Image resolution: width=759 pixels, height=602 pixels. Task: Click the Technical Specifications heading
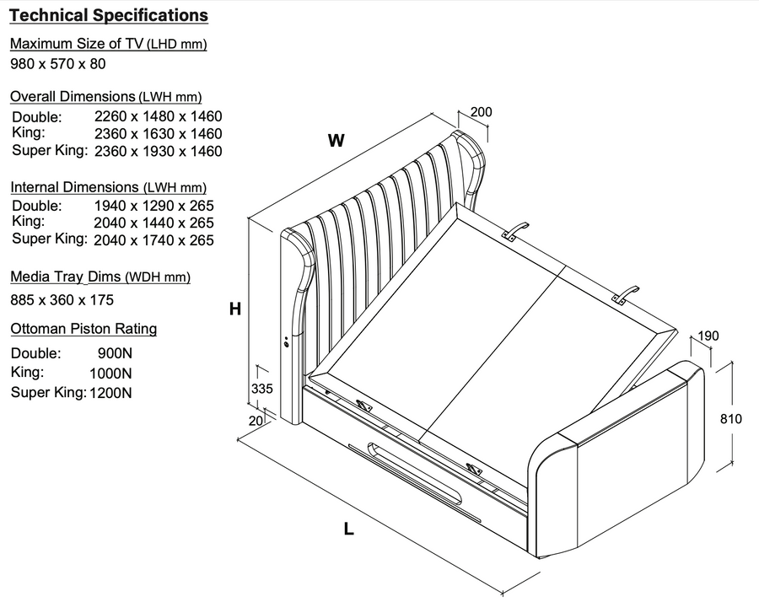click(109, 16)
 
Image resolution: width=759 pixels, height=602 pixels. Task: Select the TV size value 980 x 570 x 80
click(57, 63)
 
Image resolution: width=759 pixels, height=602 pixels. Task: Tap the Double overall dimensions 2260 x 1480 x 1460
click(158, 116)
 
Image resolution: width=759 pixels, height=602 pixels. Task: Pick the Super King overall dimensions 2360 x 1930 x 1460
click(158, 152)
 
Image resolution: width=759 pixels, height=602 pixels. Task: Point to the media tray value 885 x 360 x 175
click(62, 299)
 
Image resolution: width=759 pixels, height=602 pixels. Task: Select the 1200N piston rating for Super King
click(110, 392)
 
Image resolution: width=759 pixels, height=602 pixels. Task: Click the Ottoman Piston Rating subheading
click(83, 329)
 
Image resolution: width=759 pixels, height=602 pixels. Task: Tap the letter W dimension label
click(336, 141)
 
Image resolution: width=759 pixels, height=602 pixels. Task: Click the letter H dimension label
click(235, 309)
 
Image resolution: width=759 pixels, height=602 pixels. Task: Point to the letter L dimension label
click(348, 529)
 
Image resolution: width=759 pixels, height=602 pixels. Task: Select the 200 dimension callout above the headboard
click(482, 112)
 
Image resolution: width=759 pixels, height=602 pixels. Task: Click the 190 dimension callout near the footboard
click(708, 336)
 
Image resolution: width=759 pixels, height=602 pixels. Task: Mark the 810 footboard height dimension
click(730, 418)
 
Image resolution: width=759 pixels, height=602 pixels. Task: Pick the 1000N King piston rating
click(110, 373)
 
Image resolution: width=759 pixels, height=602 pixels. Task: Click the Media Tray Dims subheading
click(100, 277)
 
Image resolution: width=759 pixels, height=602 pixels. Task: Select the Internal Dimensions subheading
click(108, 187)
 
